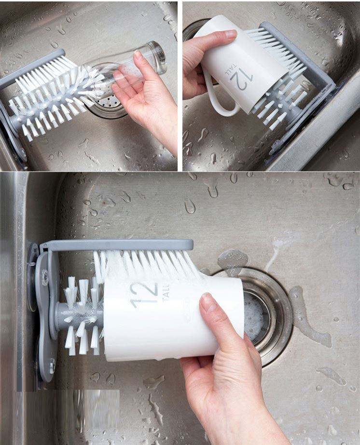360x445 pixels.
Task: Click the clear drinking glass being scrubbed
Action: pyautogui.click(x=125, y=68)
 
